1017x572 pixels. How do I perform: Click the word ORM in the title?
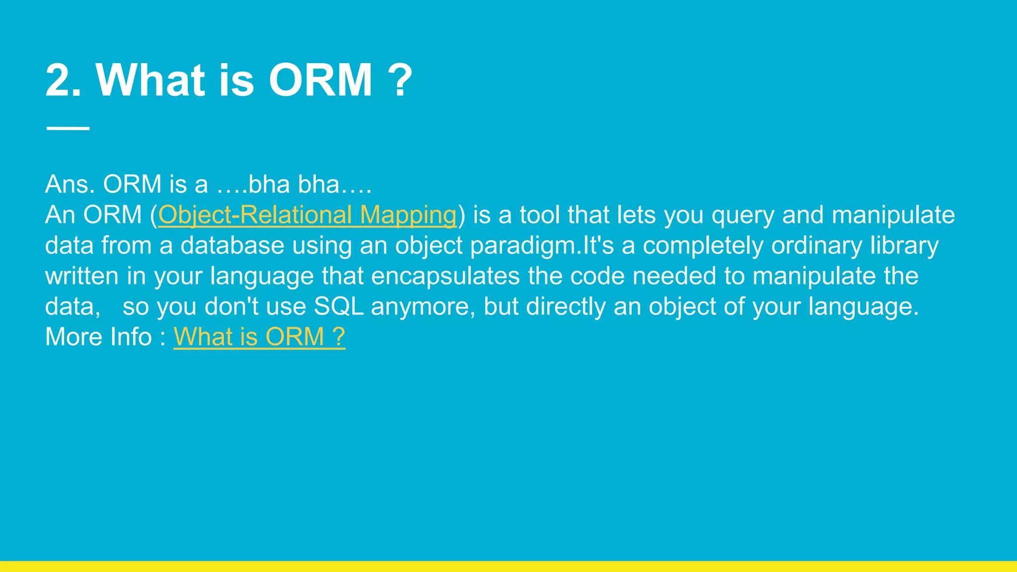coord(321,80)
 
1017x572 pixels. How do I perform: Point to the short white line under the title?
coord(68,128)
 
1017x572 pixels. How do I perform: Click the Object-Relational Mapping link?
coord(307,215)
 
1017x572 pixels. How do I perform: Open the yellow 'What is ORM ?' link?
coord(259,337)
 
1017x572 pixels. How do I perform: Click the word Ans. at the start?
coord(70,184)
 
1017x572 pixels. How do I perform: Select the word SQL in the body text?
coord(339,306)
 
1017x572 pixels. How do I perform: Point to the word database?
coord(232,246)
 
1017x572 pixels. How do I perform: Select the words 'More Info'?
coord(98,337)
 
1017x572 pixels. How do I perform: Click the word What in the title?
coord(150,80)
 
